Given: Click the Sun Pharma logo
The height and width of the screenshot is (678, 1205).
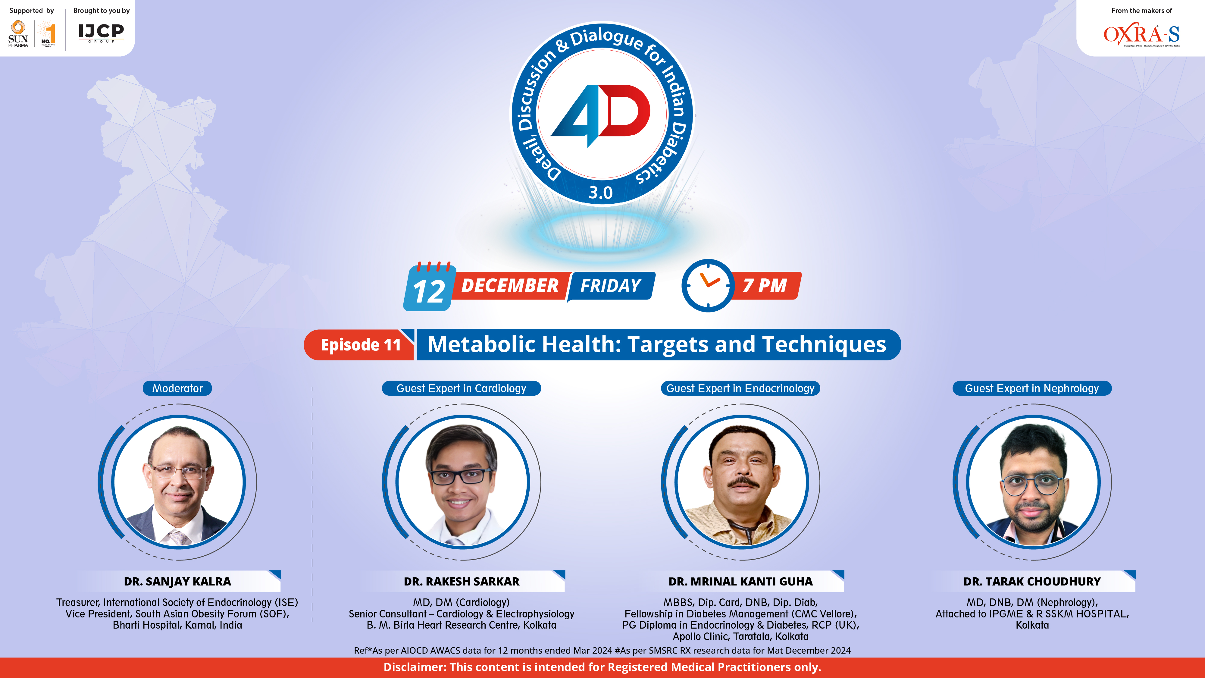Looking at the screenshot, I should [x=18, y=33].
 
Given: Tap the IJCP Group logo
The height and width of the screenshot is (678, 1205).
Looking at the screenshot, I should [x=101, y=33].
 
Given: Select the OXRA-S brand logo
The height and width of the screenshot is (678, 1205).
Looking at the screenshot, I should [x=1141, y=35].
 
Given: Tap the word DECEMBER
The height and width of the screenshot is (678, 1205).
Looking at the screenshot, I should [x=510, y=285].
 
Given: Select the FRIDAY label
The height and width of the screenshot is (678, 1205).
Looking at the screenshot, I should [x=610, y=285].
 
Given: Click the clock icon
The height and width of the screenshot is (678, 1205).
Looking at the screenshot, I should [x=708, y=285].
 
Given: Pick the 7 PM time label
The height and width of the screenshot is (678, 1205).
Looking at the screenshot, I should [x=765, y=285].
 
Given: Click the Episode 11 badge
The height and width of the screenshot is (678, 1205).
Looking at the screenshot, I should [x=360, y=345].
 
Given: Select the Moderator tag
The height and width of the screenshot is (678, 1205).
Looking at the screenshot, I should [x=177, y=388].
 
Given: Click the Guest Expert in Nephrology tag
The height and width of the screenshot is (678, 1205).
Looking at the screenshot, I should [x=1031, y=388].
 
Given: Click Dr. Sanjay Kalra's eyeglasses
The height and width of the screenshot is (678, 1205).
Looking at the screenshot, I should [x=178, y=472].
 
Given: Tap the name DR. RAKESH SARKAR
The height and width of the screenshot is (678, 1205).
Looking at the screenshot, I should [x=461, y=582].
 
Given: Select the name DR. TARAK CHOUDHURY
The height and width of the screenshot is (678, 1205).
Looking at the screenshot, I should [x=1031, y=582].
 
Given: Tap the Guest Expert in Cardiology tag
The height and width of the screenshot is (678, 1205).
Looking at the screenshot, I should [x=461, y=388].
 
